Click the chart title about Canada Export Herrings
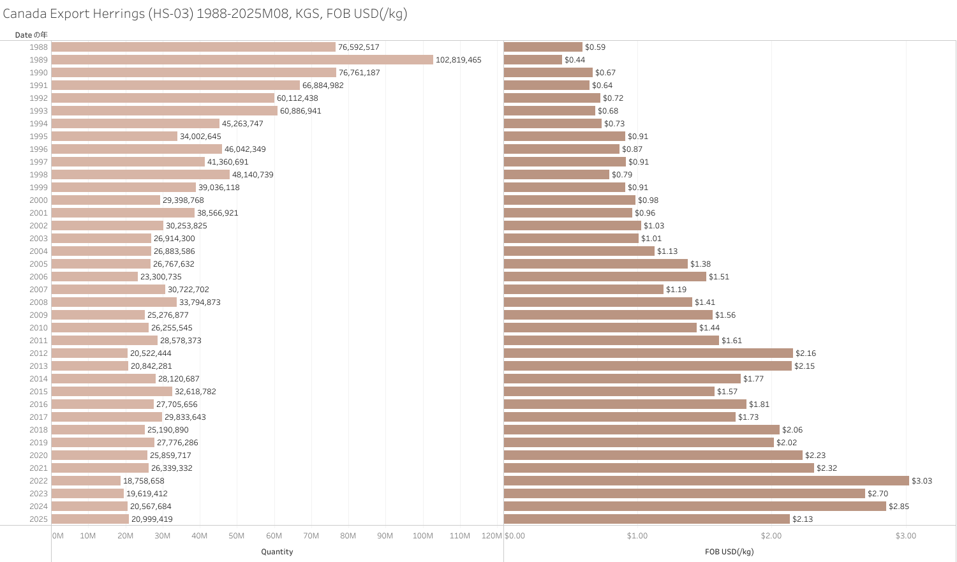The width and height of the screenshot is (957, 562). (205, 13)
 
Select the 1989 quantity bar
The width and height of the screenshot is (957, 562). (242, 60)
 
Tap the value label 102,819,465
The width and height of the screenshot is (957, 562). (458, 60)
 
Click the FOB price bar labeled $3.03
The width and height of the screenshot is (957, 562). (706, 481)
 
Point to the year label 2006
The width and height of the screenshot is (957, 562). (38, 277)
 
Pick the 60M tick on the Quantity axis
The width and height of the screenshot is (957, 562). (274, 536)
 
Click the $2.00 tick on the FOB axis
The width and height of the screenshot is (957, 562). (771, 536)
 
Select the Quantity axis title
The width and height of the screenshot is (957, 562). (277, 552)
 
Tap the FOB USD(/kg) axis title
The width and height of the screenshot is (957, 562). (729, 552)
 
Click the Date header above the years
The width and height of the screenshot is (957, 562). (31, 35)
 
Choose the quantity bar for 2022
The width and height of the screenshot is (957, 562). (86, 481)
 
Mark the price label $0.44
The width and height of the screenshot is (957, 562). (575, 60)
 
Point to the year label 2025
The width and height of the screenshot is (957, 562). (38, 519)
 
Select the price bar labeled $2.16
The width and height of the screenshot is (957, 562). (648, 353)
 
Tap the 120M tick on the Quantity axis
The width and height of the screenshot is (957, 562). (492, 536)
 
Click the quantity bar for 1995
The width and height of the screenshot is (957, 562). (114, 137)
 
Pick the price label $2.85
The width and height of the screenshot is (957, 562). (899, 507)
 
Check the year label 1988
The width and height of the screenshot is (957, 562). (38, 47)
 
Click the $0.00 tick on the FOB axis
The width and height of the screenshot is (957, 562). (515, 536)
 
